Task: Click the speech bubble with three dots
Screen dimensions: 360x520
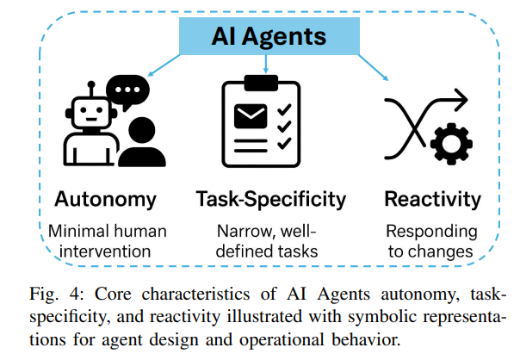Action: click(x=127, y=90)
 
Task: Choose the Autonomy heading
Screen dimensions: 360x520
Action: click(x=106, y=200)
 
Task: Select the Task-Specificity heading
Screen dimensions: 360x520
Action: click(x=269, y=200)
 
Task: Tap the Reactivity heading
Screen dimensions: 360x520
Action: click(x=432, y=200)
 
